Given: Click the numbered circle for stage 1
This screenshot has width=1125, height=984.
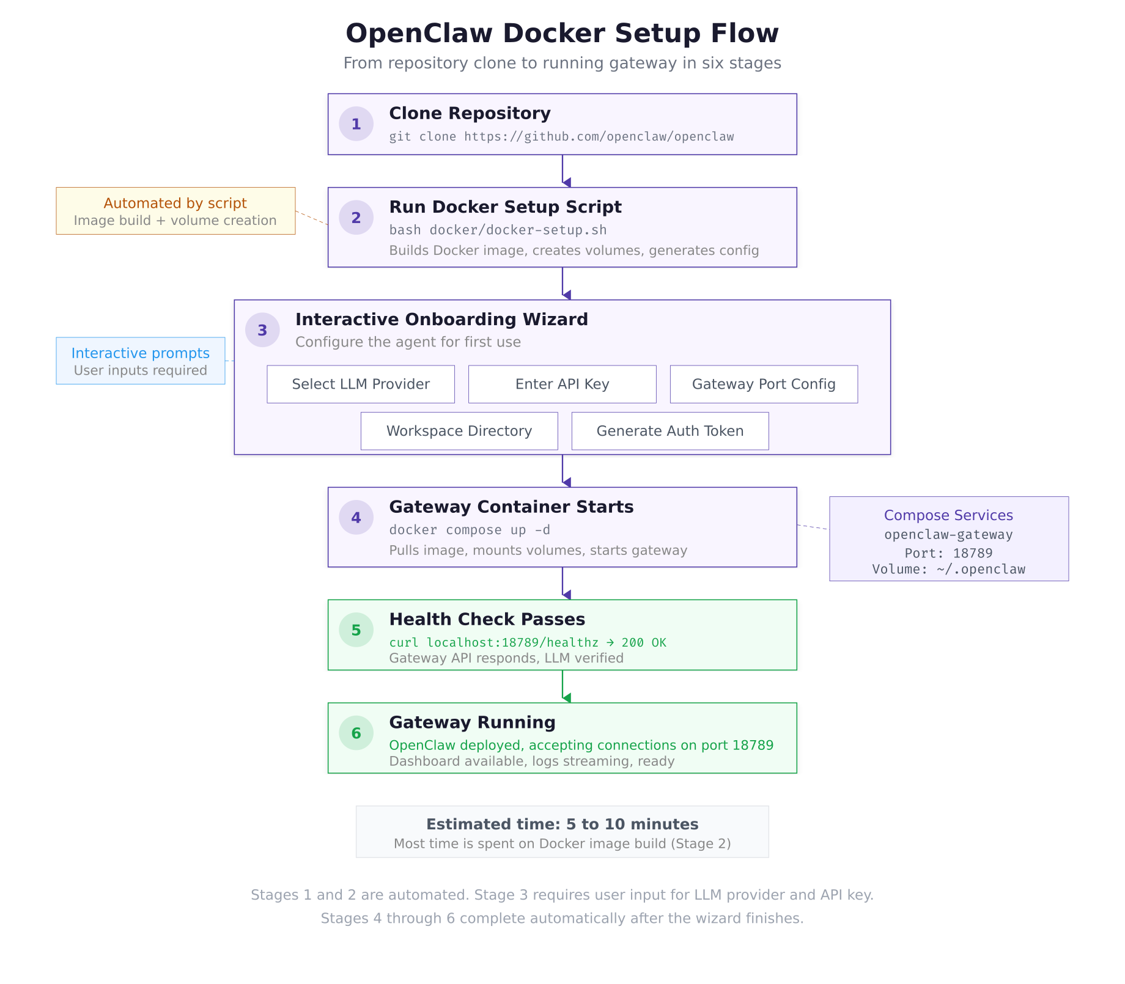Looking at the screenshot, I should point(356,124).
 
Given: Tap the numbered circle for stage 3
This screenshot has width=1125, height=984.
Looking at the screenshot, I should point(262,330).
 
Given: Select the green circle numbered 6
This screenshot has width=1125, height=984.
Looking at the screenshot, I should point(356,733).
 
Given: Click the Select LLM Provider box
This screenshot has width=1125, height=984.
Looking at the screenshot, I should point(361,384).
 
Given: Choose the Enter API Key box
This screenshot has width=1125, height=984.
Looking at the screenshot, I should point(562,384).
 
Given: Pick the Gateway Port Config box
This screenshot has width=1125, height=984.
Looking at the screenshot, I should point(764,384).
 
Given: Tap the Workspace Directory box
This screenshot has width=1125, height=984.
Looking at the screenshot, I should point(459,431).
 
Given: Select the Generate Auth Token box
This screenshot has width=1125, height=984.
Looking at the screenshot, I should point(670,431).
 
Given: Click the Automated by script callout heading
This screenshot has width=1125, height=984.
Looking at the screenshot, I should point(175,203).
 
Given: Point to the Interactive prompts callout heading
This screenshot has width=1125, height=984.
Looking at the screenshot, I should point(140,353).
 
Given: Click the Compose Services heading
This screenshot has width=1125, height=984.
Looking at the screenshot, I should point(948,515).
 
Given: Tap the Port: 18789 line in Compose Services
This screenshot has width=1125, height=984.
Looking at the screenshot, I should point(948,553).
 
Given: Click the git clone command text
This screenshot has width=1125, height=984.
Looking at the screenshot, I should point(561,136).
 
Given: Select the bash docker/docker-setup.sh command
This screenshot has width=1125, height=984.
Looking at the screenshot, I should point(498,230).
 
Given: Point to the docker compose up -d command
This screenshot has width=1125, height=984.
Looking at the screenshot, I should point(470,530).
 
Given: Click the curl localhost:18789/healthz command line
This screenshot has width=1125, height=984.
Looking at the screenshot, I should point(527,642).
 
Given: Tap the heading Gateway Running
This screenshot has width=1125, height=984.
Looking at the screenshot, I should point(472,722).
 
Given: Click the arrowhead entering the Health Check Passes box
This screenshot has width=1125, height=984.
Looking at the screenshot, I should point(566,595).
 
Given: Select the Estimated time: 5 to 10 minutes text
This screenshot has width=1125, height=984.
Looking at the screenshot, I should point(562,824).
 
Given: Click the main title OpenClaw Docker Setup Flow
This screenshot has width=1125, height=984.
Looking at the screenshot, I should point(562,33).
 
